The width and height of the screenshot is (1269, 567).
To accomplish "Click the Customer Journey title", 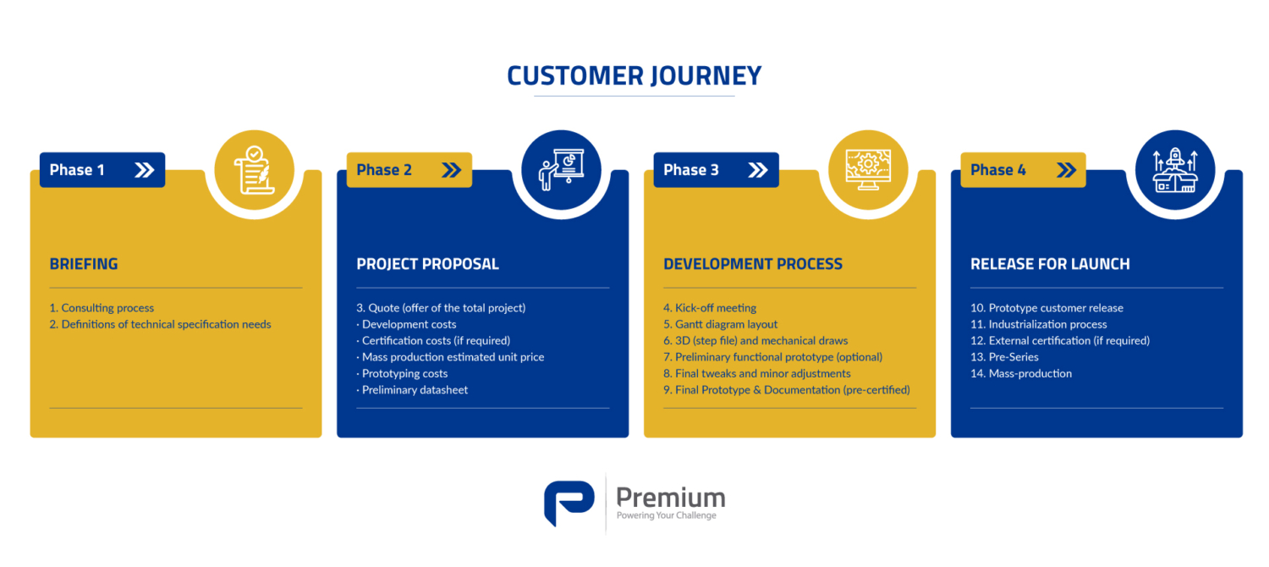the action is (x=634, y=76).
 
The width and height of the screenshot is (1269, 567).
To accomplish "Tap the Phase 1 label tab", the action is (x=102, y=170).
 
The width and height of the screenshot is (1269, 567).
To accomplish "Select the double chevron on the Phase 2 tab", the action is (x=452, y=170).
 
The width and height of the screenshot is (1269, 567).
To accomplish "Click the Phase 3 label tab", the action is (x=716, y=170).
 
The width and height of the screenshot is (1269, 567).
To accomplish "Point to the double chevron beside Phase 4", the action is (x=1066, y=170).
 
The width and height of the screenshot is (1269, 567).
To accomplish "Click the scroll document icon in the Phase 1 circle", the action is (x=254, y=170).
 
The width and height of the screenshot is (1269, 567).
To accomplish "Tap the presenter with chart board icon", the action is (x=562, y=169).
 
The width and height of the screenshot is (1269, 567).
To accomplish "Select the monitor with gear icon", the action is (x=868, y=169).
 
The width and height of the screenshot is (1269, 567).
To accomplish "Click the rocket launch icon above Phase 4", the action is (x=1176, y=170).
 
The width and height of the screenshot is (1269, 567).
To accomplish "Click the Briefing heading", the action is (x=84, y=264).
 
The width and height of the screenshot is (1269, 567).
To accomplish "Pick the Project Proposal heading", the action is (x=428, y=264).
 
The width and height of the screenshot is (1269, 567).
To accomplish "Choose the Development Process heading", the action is (x=753, y=264).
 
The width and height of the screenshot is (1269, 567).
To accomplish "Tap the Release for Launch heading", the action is (x=1051, y=264).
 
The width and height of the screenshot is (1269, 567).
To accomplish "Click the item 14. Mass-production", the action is (x=1021, y=374).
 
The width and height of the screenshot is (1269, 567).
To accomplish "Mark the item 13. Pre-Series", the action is (x=1004, y=357).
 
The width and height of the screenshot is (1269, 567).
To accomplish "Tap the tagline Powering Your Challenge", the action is (x=667, y=515).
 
